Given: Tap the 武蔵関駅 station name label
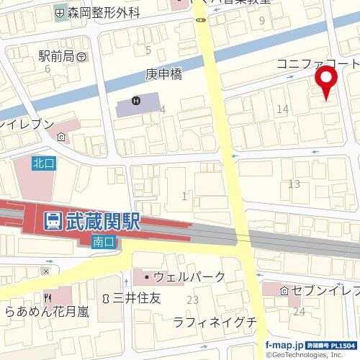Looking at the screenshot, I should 99,222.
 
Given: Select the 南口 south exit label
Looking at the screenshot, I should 104,243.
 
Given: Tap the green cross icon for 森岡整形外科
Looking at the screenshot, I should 59,12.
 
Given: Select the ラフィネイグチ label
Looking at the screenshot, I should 215,322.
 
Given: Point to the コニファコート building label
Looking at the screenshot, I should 318,65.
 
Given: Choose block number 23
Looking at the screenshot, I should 192,300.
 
